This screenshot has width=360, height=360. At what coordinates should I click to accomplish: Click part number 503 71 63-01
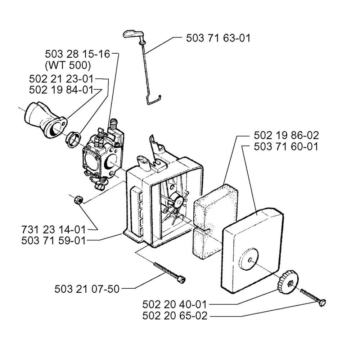click(218, 38)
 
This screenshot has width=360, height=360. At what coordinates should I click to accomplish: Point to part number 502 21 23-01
click(61, 78)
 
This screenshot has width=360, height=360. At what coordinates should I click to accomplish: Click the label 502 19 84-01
click(61, 90)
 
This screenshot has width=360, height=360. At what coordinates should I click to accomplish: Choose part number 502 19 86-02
click(286, 135)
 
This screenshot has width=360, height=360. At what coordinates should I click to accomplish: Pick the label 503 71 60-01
click(286, 147)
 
